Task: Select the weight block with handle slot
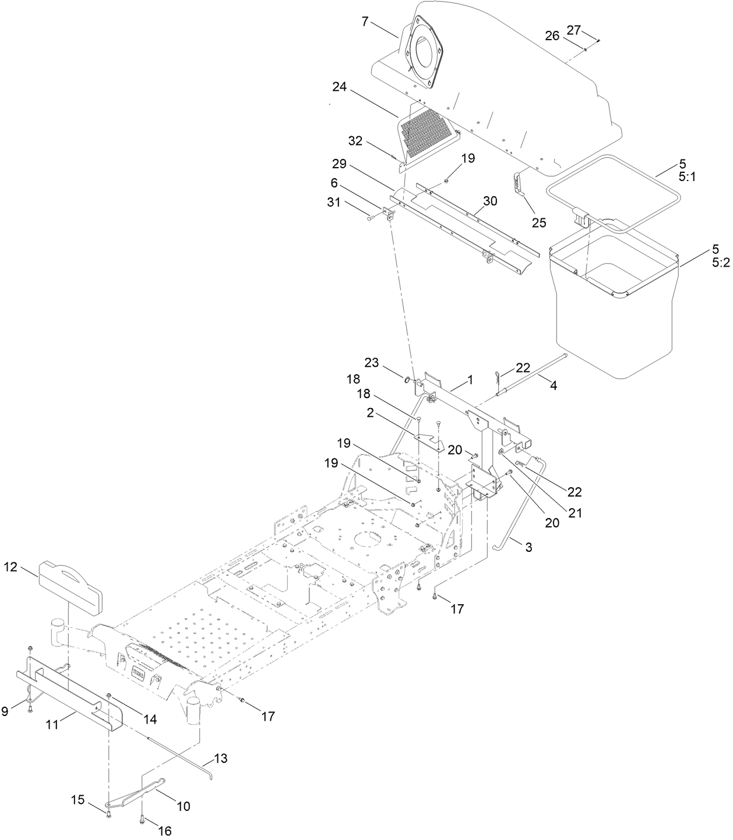(x=70, y=580)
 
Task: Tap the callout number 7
(x=365, y=22)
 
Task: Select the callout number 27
(x=574, y=30)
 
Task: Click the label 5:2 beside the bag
(x=720, y=263)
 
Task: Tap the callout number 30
(x=490, y=201)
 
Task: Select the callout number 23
(x=372, y=363)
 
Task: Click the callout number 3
(x=528, y=547)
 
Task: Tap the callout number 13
(x=220, y=759)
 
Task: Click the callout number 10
(x=183, y=806)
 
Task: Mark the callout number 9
(x=5, y=711)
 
